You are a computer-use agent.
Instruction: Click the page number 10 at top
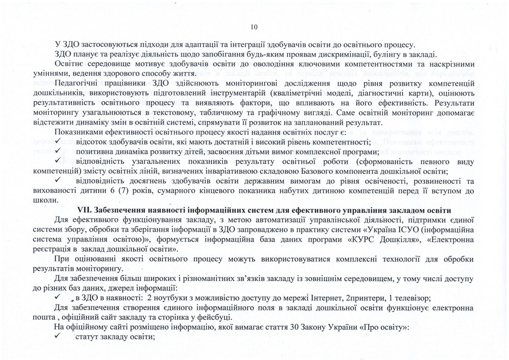[254, 27]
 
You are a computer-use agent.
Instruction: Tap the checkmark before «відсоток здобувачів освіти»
[59, 142]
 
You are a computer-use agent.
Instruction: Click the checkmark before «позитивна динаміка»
[59, 152]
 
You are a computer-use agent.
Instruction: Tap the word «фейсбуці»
[215, 317]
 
